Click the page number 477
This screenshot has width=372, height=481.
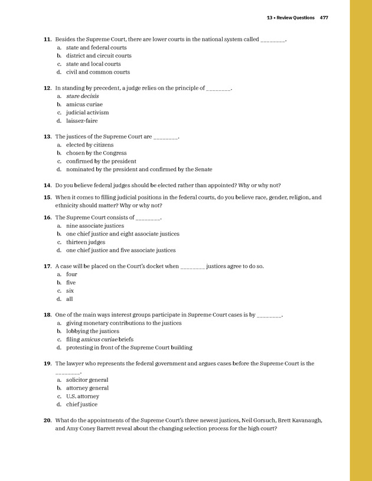(324, 18)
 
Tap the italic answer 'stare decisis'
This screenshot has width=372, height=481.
(82, 96)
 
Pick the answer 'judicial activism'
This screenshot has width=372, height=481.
(87, 112)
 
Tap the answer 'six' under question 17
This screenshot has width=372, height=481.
(70, 290)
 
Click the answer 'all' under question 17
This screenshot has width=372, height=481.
(70, 299)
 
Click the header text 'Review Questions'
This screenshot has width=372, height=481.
(295, 18)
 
